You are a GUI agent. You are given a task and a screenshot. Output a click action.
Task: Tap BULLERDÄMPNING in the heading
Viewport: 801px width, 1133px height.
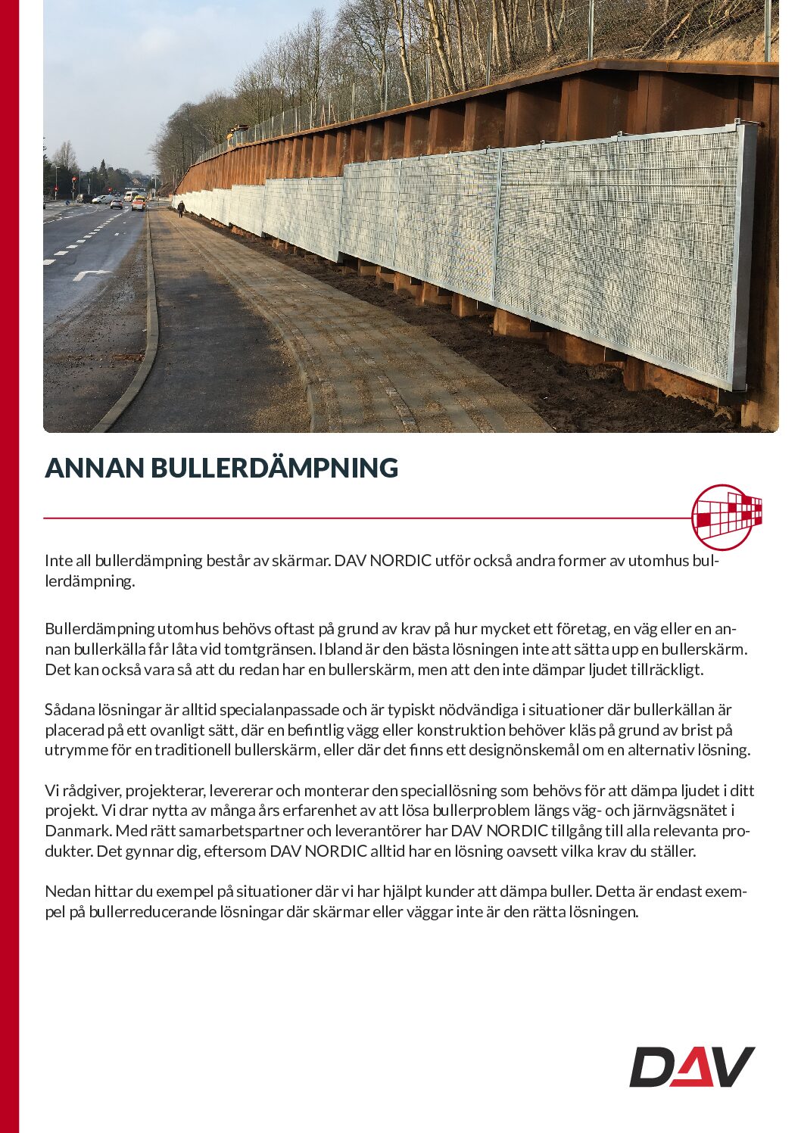(274, 468)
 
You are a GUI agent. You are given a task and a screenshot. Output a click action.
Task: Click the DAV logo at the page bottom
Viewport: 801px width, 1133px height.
(692, 1066)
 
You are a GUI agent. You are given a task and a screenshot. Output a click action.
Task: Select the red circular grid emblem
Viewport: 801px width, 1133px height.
(725, 517)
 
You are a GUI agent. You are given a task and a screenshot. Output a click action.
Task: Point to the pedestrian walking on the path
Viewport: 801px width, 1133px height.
(181, 208)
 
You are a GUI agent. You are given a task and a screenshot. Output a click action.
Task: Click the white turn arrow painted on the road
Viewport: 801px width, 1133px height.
(92, 275)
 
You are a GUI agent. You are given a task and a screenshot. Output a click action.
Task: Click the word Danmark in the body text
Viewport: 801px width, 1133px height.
(77, 830)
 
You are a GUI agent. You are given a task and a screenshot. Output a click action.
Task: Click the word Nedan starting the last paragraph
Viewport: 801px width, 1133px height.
(66, 891)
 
